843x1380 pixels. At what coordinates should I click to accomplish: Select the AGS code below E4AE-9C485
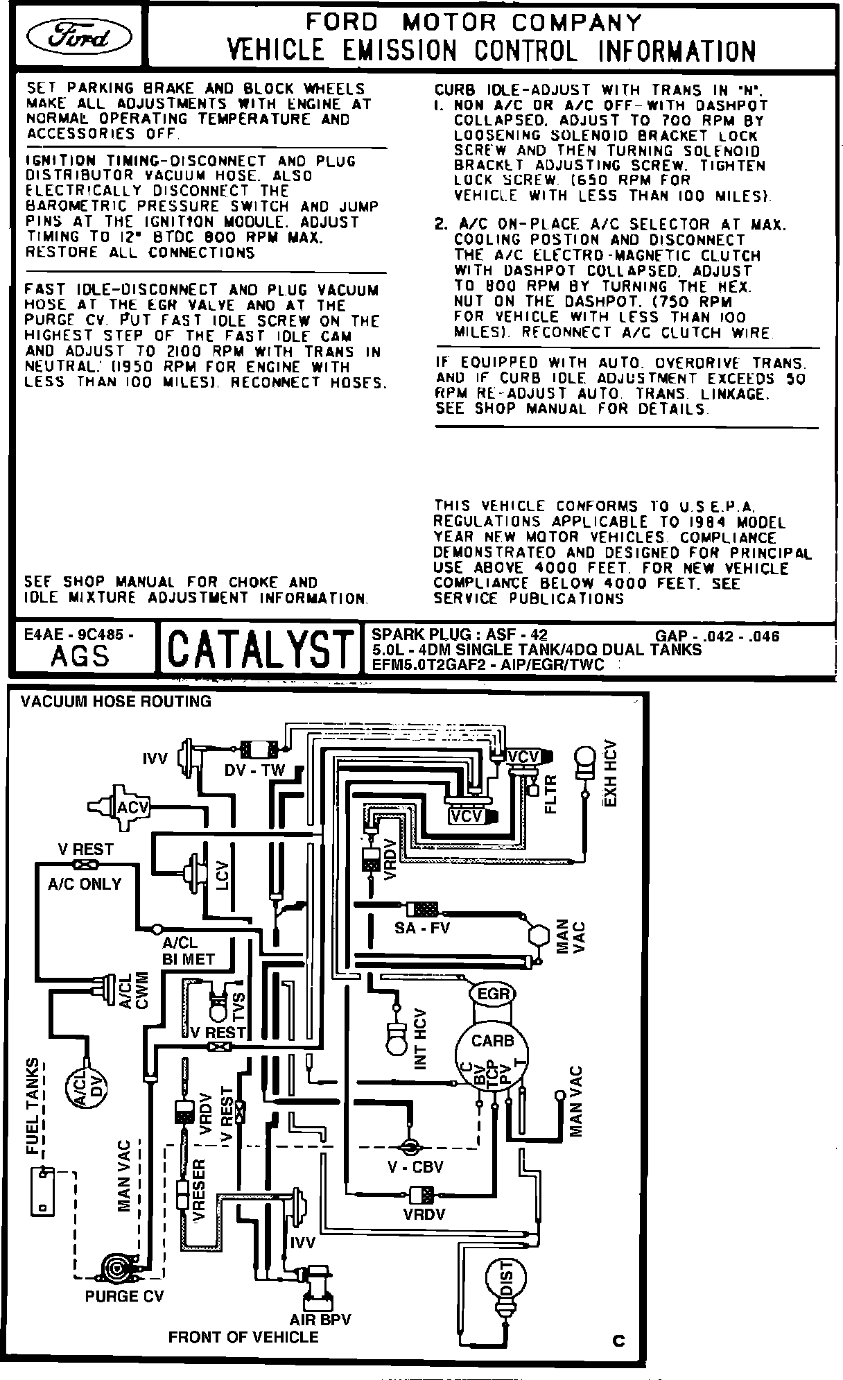(x=80, y=655)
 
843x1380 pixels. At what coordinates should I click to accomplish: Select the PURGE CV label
(x=124, y=1296)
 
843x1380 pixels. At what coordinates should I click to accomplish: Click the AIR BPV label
(x=320, y=1320)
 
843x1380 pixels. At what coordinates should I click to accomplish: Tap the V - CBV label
(x=415, y=1166)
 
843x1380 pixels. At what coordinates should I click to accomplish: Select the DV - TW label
(x=254, y=770)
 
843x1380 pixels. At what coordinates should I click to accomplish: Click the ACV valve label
(x=132, y=807)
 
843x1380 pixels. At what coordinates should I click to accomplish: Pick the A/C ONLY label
(x=85, y=884)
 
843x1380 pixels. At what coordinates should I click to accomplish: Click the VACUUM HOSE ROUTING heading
(x=116, y=701)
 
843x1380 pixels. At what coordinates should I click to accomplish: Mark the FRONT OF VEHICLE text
(x=243, y=1336)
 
